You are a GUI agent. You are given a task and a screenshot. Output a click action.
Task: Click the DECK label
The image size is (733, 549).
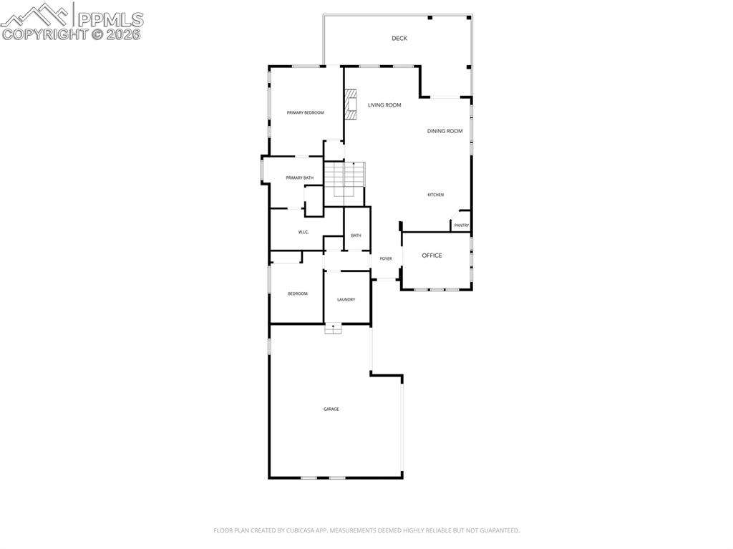tap(399, 39)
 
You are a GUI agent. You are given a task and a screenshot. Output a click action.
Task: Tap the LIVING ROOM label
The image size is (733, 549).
tap(384, 105)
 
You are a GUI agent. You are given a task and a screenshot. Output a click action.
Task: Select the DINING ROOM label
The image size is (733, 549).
tap(445, 131)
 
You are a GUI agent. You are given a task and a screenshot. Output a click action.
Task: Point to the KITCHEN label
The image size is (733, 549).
tap(435, 195)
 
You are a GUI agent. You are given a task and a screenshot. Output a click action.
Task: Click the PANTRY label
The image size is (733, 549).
tap(461, 225)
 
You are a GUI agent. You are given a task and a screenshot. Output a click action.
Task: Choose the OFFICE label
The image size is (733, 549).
tap(432, 256)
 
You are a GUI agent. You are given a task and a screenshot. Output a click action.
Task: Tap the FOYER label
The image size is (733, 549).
tap(386, 258)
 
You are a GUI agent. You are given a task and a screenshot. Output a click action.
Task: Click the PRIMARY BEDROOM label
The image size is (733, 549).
tap(305, 112)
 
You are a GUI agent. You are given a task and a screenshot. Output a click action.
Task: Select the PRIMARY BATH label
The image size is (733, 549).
tap(299, 178)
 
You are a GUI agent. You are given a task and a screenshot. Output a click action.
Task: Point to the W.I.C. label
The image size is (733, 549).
tap(304, 233)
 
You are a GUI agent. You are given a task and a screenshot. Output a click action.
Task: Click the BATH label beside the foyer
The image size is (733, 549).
tap(356, 235)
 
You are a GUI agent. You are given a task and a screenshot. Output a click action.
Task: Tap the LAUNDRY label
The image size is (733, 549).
tap(346, 299)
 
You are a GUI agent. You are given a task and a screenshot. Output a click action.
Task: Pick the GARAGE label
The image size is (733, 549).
tap(331, 409)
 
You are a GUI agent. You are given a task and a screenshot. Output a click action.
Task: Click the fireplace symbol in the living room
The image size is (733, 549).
tap(351, 104)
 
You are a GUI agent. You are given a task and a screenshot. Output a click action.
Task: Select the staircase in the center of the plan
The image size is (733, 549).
tap(345, 179)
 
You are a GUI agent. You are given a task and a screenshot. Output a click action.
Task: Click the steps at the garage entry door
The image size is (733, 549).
tap(334, 329)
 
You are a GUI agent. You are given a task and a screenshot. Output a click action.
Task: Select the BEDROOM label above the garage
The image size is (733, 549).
tap(298, 293)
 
